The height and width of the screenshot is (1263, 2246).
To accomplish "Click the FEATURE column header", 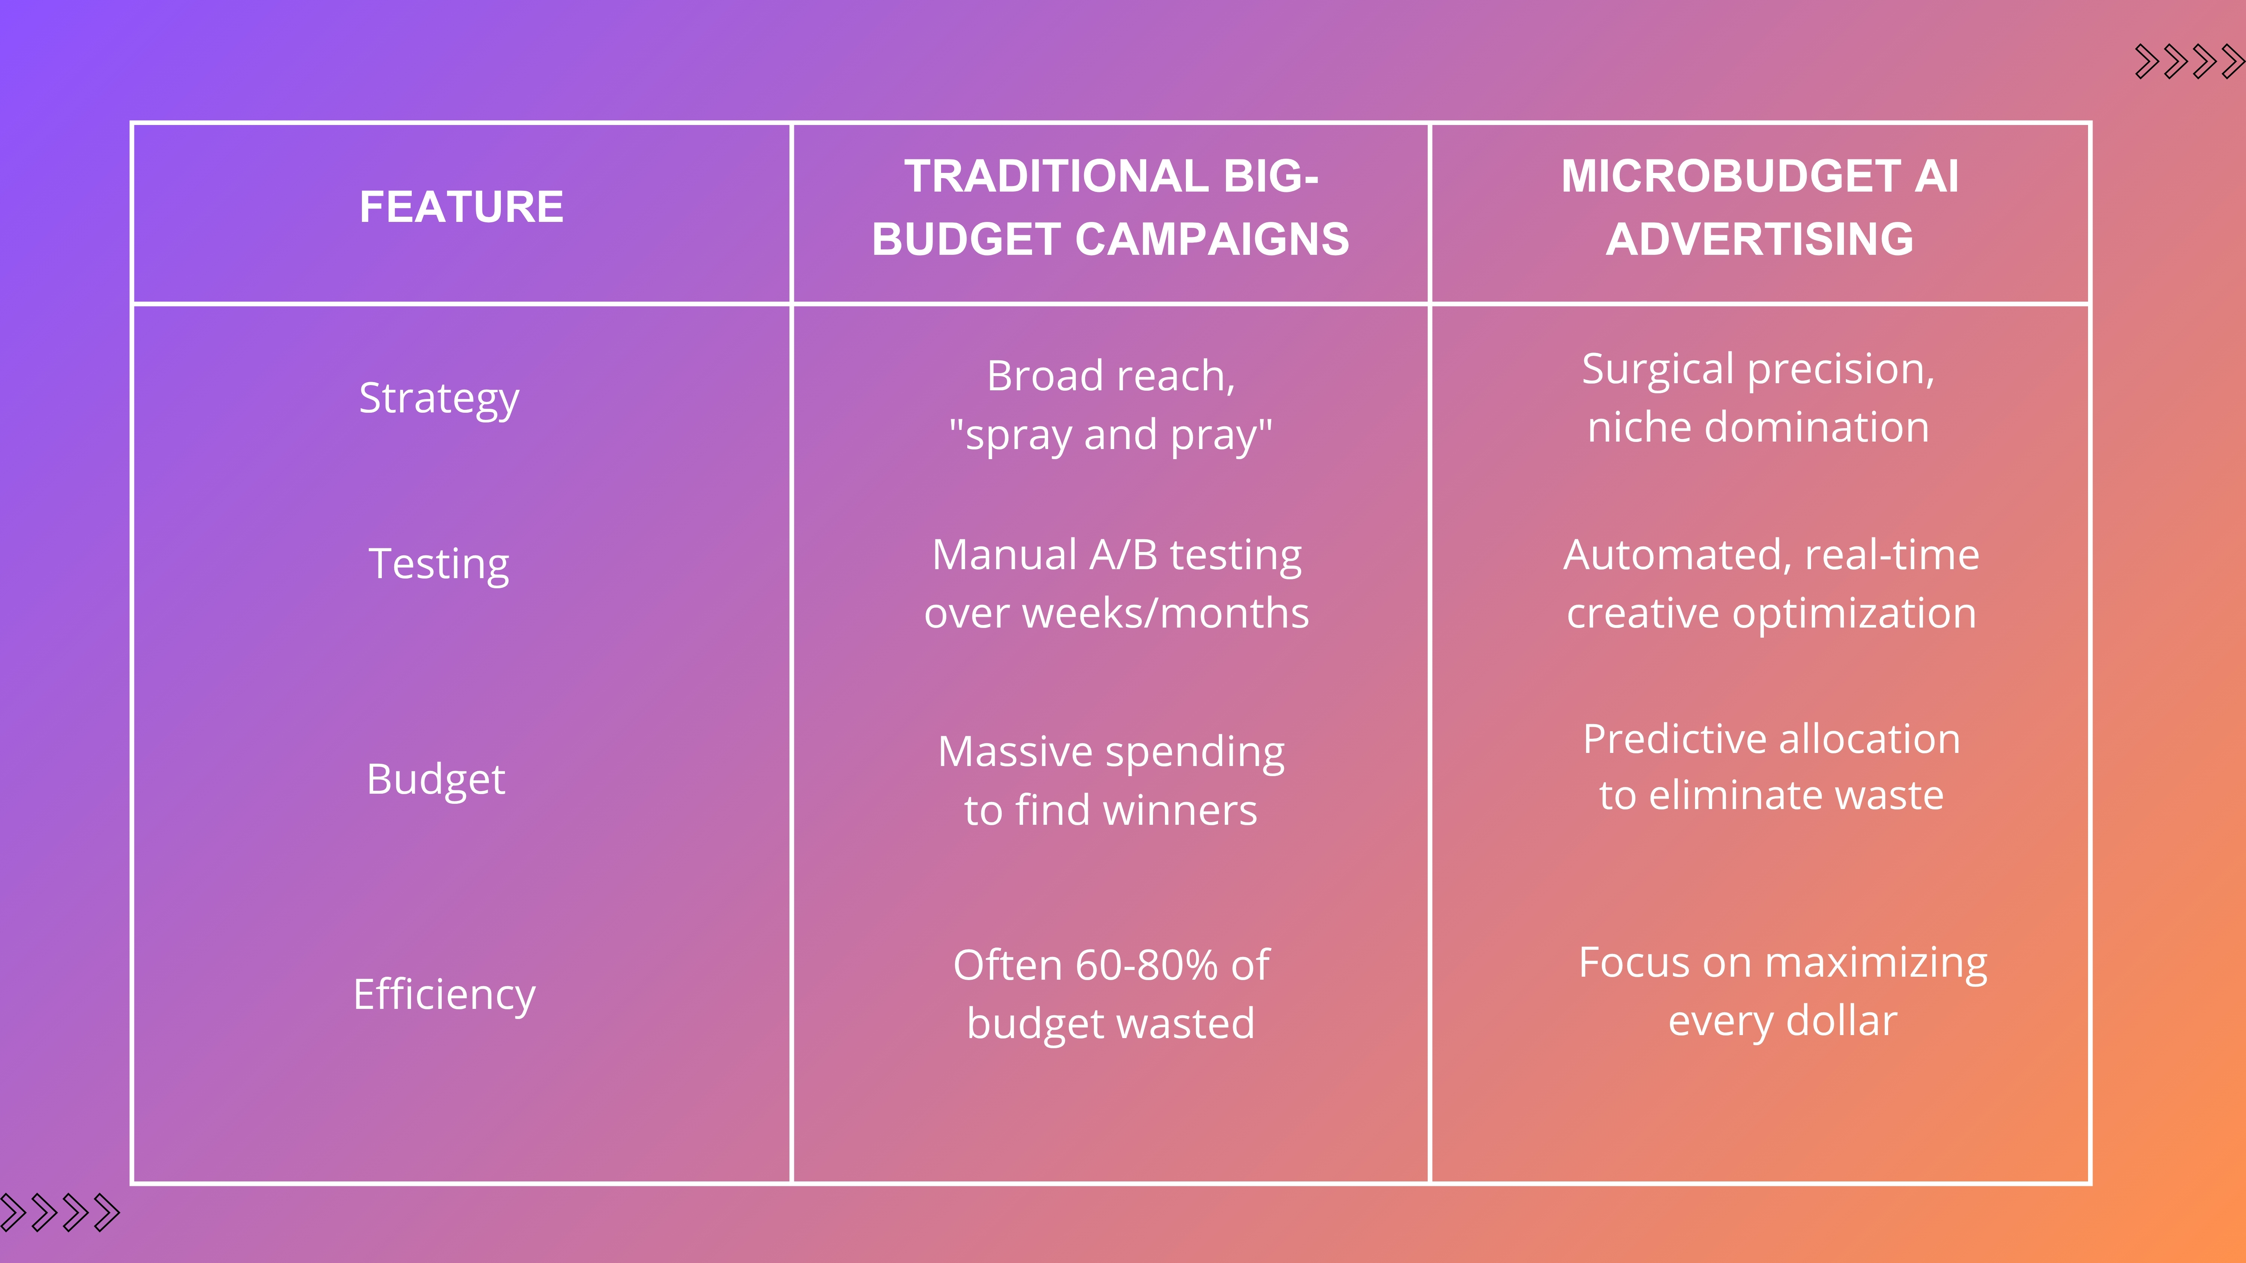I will click(461, 207).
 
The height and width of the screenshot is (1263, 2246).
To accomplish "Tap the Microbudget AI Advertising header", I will click(1759, 207).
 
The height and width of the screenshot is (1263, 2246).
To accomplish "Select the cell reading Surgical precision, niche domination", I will click(1759, 397).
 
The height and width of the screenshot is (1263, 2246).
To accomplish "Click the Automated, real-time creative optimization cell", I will click(1771, 583).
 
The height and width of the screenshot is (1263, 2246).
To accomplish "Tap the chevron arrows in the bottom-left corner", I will click(59, 1212).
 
